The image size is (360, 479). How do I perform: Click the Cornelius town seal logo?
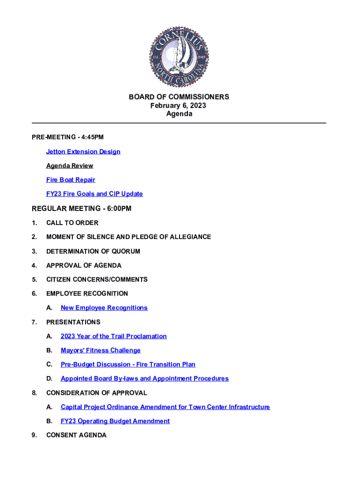179,57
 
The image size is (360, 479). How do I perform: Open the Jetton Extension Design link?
83,152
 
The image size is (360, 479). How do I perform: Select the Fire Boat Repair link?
71,180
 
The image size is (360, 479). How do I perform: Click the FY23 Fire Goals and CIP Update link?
94,194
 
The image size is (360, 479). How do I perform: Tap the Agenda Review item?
70,166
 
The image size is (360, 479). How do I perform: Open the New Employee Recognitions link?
104,308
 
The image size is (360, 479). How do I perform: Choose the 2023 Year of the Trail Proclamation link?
114,336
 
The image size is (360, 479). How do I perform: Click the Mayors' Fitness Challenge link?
101,350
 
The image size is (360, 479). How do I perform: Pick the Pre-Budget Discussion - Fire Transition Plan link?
128,364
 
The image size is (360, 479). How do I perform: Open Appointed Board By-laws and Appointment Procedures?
144,378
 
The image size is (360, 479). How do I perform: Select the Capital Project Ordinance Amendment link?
165,407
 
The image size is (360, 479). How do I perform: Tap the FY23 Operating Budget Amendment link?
115,421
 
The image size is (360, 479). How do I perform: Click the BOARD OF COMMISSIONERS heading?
179,97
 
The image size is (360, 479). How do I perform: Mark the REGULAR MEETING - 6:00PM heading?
81,209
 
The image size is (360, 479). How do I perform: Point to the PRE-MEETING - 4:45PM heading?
68,137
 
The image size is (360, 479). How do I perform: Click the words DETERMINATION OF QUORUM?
93,251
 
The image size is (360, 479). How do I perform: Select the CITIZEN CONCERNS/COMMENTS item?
97,279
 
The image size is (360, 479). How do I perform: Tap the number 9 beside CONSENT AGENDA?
34,435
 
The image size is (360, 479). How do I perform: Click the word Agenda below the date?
179,114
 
